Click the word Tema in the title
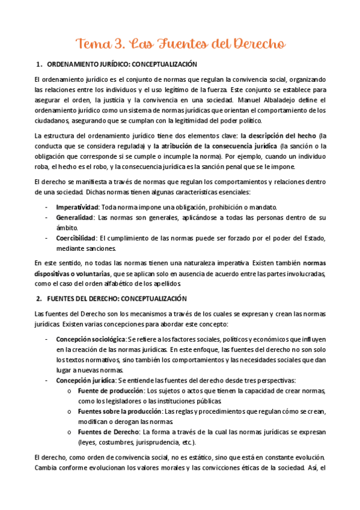[x=91, y=44]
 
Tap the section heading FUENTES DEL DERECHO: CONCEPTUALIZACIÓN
[x=117, y=298]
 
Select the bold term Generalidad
[x=75, y=218]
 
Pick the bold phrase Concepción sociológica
[x=91, y=339]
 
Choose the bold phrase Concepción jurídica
[x=84, y=380]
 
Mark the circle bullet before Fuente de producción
[x=72, y=391]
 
